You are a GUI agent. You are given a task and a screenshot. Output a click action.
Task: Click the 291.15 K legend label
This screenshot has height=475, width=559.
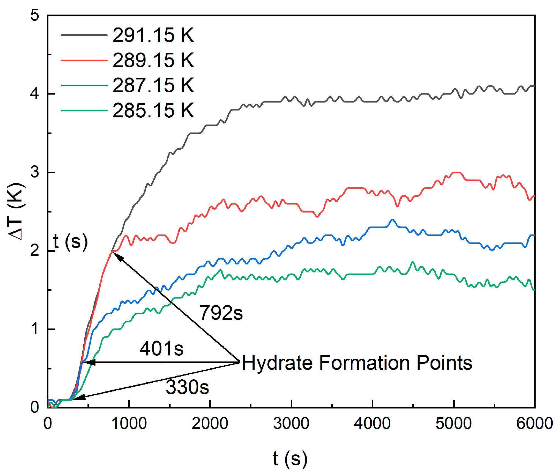tap(153, 35)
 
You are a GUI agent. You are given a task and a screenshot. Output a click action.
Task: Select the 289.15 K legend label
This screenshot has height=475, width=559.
tap(153, 60)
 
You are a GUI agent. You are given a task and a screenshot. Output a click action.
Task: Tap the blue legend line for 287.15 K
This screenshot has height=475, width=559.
tap(84, 85)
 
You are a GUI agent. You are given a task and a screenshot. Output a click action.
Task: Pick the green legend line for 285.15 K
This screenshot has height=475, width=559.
tap(84, 111)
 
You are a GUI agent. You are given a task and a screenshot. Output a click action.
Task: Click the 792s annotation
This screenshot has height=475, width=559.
tap(221, 313)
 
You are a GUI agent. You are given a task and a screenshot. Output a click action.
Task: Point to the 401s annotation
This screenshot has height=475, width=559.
tap(161, 349)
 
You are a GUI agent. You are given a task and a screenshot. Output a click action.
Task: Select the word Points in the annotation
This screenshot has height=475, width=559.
tap(444, 363)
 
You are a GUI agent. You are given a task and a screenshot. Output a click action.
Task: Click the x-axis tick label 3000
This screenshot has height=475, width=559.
tap(291, 424)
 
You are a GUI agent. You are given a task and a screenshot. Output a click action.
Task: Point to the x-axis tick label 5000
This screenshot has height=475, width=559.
tap(453, 424)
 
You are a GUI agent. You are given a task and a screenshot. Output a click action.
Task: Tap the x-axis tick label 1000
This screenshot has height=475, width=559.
tap(129, 424)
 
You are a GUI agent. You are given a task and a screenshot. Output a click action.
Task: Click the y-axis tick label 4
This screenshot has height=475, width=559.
tap(35, 93)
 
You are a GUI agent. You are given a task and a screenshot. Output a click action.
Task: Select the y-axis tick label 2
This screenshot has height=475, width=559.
tap(35, 250)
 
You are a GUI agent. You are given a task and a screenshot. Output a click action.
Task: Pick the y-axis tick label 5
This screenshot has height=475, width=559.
tap(35, 15)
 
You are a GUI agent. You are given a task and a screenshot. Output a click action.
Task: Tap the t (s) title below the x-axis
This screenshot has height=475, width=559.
tap(290, 459)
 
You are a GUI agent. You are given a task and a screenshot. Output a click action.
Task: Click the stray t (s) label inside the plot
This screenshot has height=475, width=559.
tap(70, 242)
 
